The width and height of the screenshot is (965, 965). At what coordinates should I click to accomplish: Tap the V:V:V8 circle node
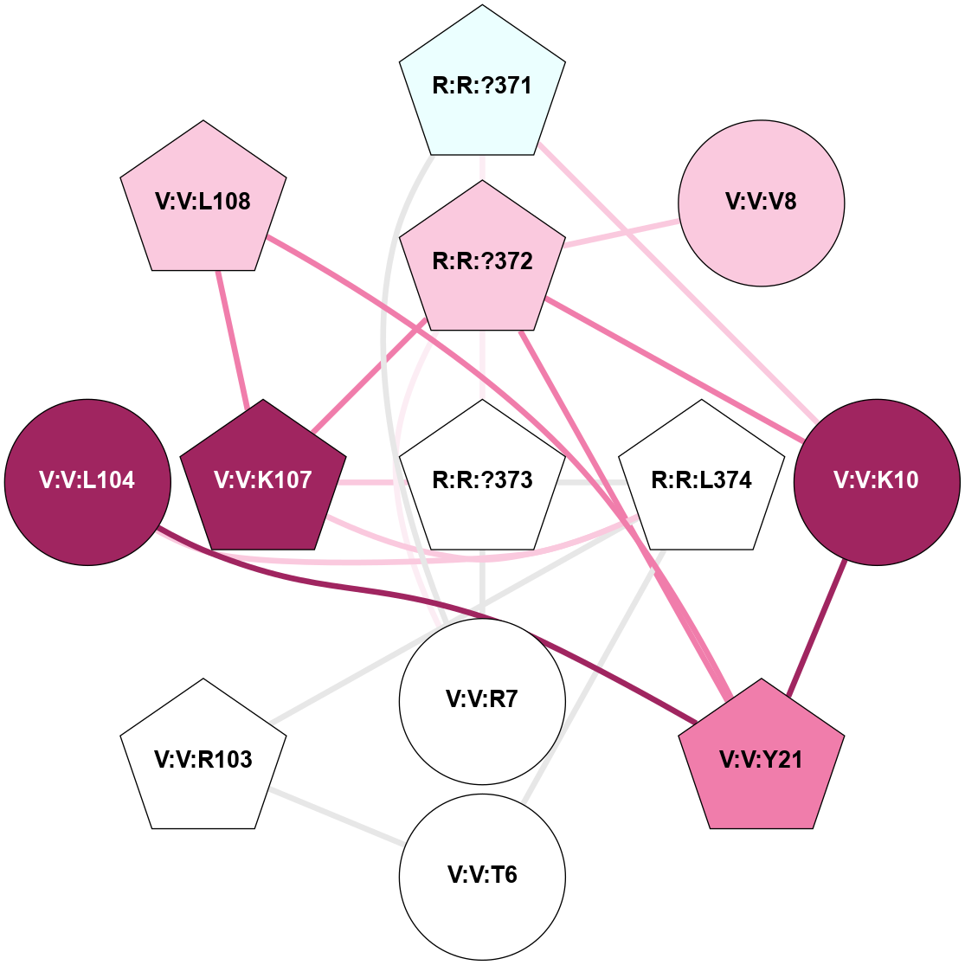point(761,203)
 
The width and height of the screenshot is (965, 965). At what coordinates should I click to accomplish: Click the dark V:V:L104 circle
point(87,481)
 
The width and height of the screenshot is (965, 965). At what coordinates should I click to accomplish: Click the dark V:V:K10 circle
point(877,481)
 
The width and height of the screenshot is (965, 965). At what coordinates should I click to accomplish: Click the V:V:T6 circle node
point(482,876)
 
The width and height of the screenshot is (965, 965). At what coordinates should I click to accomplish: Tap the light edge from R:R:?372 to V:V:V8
point(621,232)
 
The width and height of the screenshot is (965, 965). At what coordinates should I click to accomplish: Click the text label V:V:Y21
point(761,760)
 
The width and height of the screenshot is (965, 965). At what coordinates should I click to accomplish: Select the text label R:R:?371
point(482,87)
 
